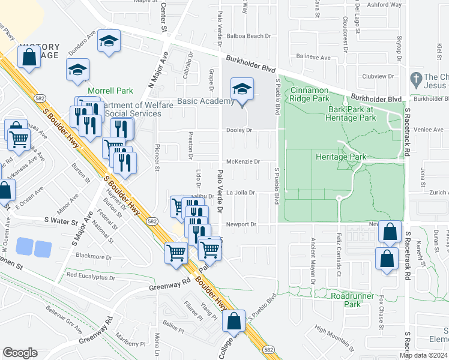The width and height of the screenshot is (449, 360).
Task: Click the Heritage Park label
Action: pyautogui.click(x=340, y=157)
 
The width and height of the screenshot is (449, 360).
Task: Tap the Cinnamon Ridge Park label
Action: pyautogui.click(x=310, y=94)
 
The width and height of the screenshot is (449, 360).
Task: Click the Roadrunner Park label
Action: pyautogui.click(x=354, y=300)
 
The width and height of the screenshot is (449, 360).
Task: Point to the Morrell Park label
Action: pyautogui.click(x=110, y=91)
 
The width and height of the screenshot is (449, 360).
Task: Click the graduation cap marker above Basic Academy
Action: pyautogui.click(x=241, y=91)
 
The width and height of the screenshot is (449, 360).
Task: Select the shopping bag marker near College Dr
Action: pyautogui.click(x=234, y=321)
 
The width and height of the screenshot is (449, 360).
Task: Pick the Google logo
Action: pyautogui.click(x=19, y=353)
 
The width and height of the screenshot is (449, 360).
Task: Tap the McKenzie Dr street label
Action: pyautogui.click(x=243, y=161)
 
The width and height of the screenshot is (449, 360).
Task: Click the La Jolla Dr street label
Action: pyautogui.click(x=241, y=193)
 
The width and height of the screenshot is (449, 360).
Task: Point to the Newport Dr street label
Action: pyautogui.click(x=241, y=224)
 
